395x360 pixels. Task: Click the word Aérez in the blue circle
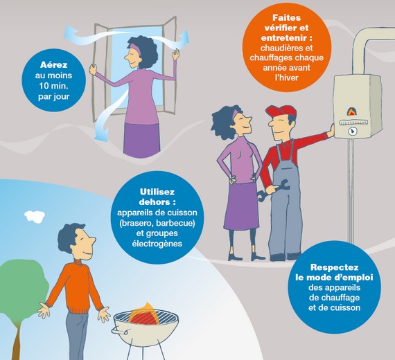tap(53, 64)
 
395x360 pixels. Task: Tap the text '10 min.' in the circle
tap(53, 86)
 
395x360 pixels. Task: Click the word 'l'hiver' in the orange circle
tap(287, 78)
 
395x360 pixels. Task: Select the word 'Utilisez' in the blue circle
tap(157, 192)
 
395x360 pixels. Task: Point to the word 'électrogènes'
tap(157, 244)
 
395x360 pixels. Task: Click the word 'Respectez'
tap(334, 267)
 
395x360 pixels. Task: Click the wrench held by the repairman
tap(273, 189)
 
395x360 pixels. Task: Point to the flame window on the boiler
tap(351, 111)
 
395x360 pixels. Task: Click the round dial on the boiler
tap(352, 131)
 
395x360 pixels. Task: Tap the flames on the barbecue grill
tap(143, 314)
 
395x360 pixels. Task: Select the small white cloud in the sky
tap(35, 216)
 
